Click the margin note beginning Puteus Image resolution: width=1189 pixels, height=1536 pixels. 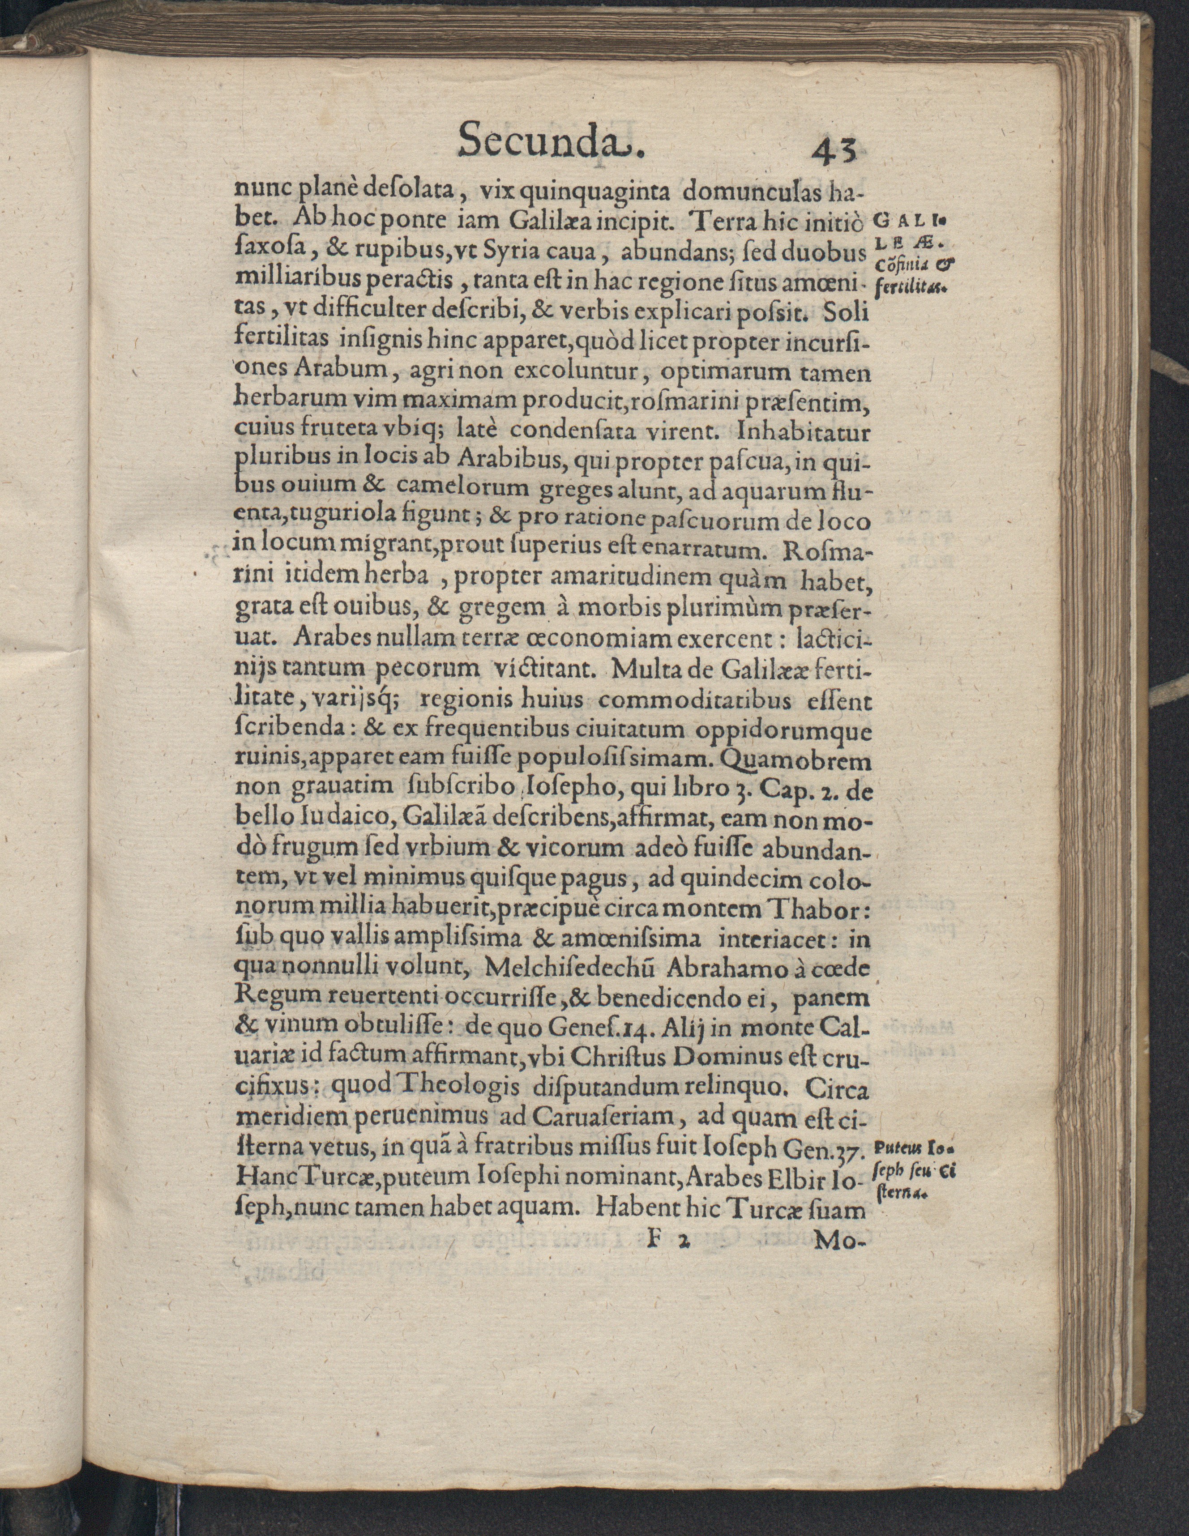pos(911,1150)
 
